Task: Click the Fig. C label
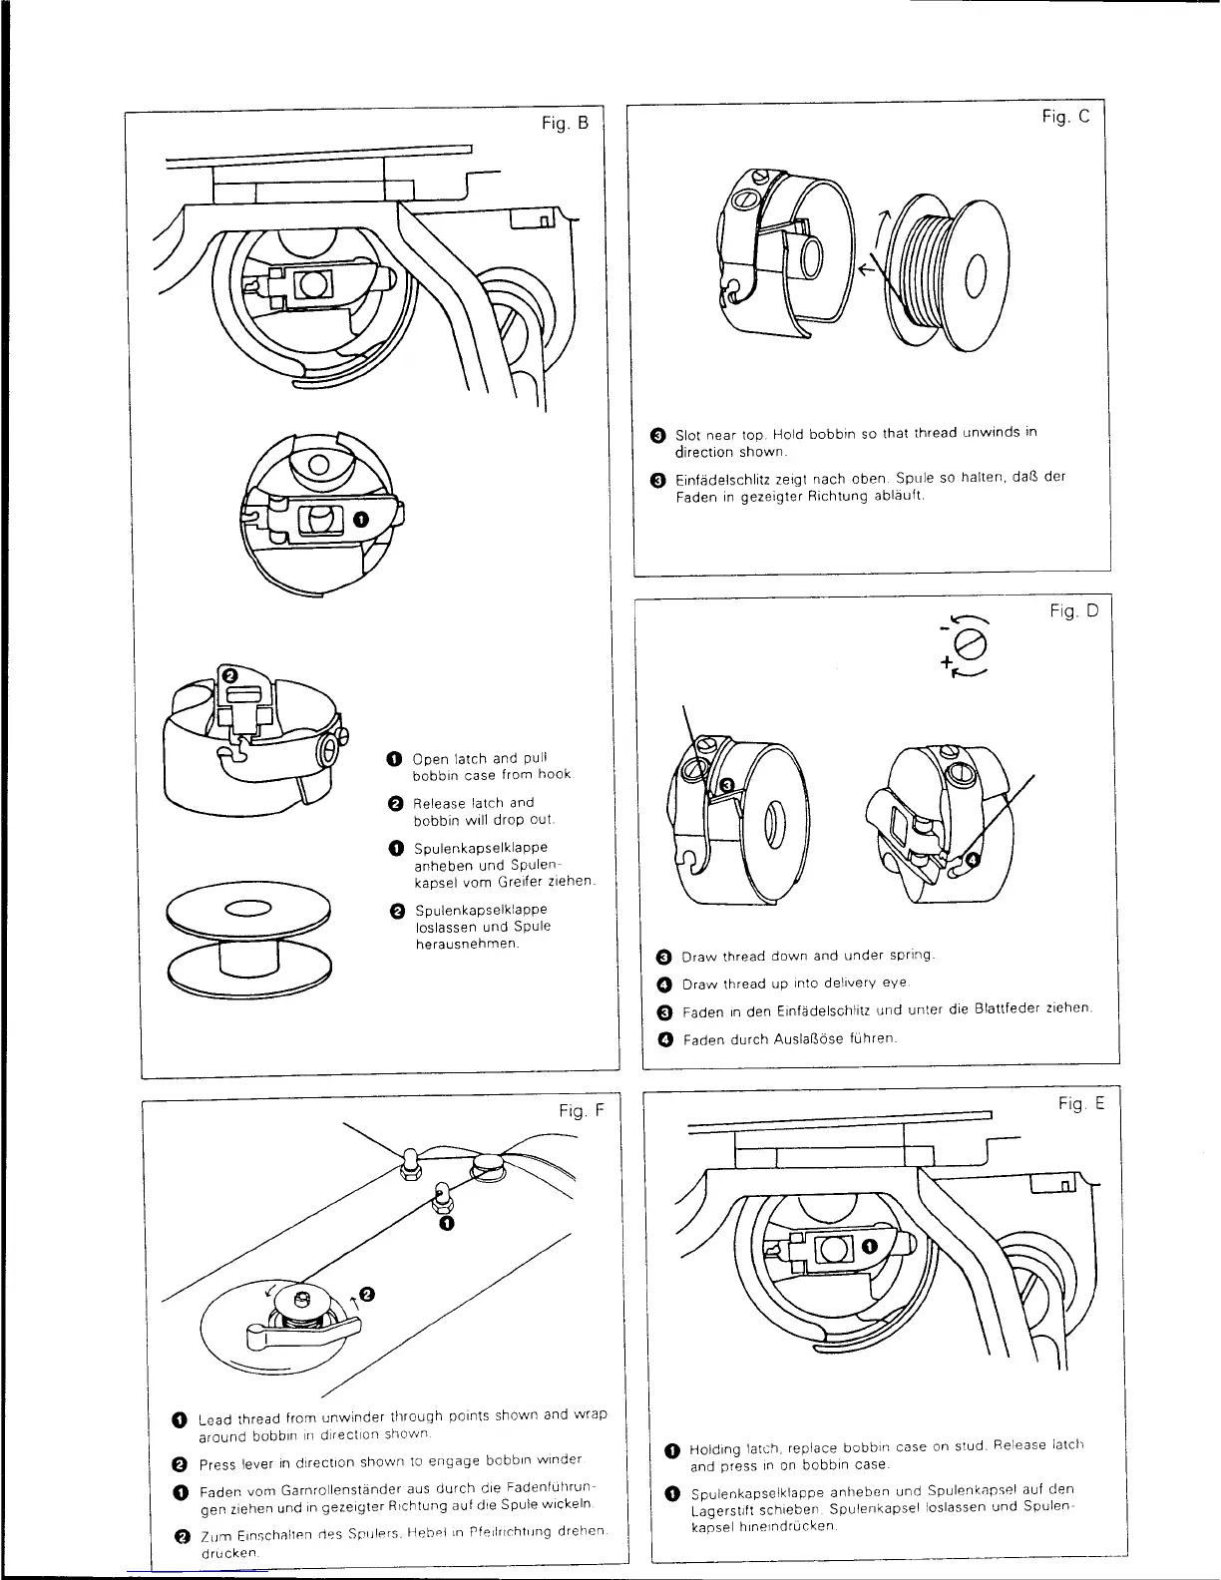click(x=1065, y=117)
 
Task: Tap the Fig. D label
click(x=1072, y=610)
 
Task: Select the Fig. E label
click(x=1081, y=1103)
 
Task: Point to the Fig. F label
click(x=581, y=1111)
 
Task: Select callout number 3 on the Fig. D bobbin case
click(x=727, y=785)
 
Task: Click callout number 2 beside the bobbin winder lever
click(x=367, y=1294)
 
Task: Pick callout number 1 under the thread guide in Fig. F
click(x=446, y=1222)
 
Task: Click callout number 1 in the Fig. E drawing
click(x=869, y=1244)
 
